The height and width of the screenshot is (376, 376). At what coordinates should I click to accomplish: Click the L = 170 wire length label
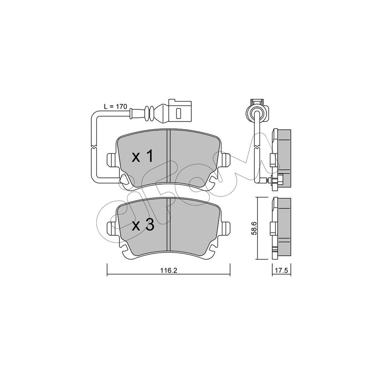click(x=115, y=107)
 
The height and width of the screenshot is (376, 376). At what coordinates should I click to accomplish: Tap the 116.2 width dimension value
click(x=168, y=271)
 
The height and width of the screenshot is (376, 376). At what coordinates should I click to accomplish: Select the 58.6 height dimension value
click(x=254, y=228)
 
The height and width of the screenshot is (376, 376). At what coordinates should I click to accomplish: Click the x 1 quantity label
click(x=143, y=157)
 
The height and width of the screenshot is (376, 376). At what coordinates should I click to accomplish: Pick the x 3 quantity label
click(x=143, y=225)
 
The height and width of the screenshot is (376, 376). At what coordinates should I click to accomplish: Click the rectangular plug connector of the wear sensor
click(x=180, y=112)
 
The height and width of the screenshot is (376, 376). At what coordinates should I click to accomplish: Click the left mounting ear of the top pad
click(x=112, y=160)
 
